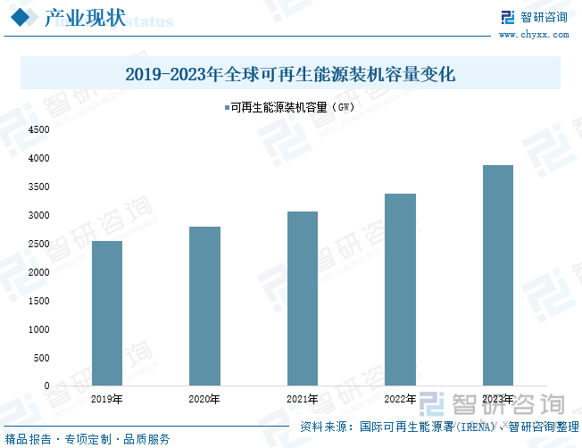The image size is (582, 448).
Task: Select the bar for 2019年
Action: click(107, 313)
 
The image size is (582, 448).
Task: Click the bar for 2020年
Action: click(204, 306)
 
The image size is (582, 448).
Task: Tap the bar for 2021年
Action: click(303, 298)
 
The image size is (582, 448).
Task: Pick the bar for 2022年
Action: click(400, 289)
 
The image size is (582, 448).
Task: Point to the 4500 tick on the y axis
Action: click(38, 129)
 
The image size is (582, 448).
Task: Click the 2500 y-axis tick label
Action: click(38, 244)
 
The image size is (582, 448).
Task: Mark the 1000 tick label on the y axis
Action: click(38, 329)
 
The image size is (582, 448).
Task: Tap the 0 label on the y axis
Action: click(47, 386)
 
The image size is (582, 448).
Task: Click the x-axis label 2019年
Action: click(107, 399)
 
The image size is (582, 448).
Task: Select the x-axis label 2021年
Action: click(303, 399)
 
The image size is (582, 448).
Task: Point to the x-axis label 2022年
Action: click(400, 399)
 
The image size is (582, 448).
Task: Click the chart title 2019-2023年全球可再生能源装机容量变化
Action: click(291, 74)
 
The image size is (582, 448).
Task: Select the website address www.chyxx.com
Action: click(533, 35)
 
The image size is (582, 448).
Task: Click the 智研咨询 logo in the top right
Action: click(533, 17)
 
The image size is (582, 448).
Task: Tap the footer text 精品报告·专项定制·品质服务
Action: click(87, 439)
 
